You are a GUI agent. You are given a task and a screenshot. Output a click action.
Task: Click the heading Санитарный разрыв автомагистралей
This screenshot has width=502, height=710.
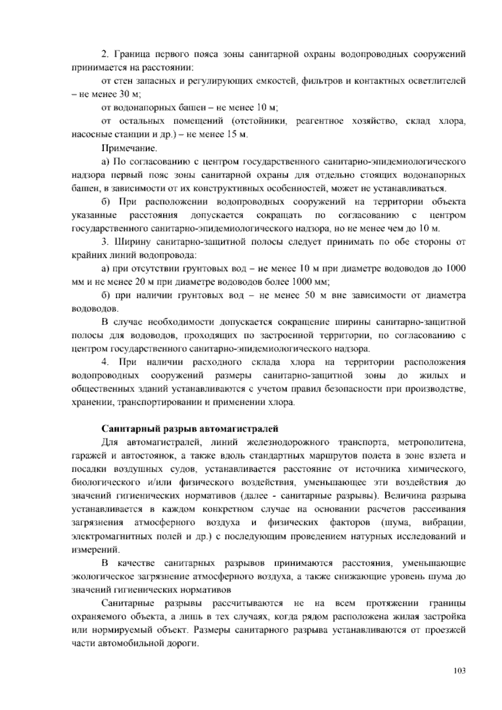pyautogui.click(x=190, y=429)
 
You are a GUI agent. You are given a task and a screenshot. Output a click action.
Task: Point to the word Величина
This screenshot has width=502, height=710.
pyautogui.click(x=404, y=496)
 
